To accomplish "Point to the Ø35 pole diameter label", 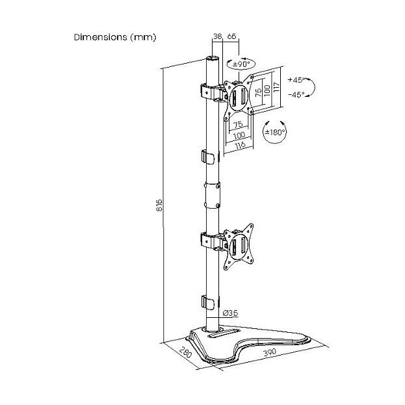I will click(x=229, y=313).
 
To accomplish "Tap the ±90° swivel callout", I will click(x=241, y=64).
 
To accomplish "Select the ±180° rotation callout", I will click(x=273, y=132).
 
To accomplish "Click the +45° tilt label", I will click(x=296, y=81).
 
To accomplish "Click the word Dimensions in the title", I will click(x=101, y=37).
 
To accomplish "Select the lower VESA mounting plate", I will click(x=238, y=247).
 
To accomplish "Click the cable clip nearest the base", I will click(x=207, y=302).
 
